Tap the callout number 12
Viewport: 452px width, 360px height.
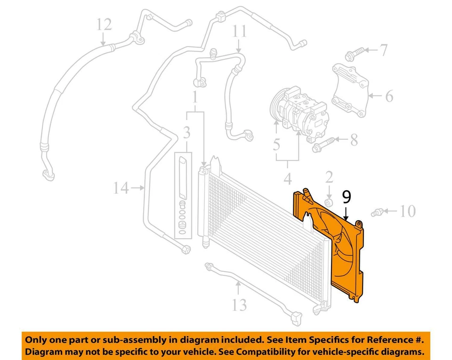[x=104, y=24]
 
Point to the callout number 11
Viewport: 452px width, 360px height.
[x=239, y=32]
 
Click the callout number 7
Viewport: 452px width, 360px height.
[x=384, y=49]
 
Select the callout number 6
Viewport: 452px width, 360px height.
[x=388, y=96]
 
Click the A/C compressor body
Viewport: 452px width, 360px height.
[x=294, y=111]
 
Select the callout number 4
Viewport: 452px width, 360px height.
[x=288, y=178]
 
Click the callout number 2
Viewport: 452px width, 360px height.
[x=329, y=177]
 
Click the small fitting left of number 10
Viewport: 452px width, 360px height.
[x=378, y=212]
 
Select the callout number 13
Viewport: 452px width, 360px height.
[x=239, y=304]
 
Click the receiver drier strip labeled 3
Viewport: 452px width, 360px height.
[x=182, y=195]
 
